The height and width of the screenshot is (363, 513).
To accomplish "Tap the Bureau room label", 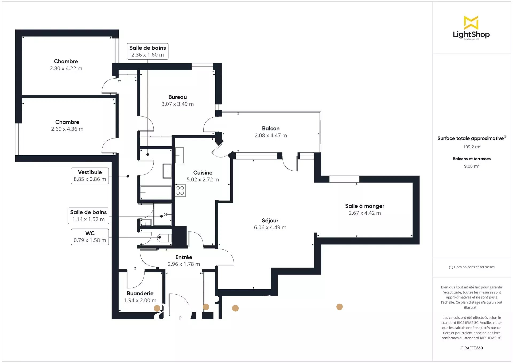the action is (x=177, y=97).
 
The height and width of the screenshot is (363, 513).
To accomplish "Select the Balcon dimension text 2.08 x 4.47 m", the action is (x=271, y=136).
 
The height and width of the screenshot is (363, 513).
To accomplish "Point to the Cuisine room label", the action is (x=203, y=173).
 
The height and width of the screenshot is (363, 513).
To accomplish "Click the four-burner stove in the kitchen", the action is (x=180, y=190).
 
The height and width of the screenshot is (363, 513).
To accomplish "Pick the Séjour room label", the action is (x=270, y=221).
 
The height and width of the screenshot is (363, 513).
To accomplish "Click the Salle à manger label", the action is (x=365, y=206).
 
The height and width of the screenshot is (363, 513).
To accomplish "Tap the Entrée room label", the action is (x=184, y=257).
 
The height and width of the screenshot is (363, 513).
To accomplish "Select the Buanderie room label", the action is (x=140, y=294).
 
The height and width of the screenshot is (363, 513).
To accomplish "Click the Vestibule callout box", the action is (x=90, y=176).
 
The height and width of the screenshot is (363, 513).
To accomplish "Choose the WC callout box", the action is (x=90, y=237).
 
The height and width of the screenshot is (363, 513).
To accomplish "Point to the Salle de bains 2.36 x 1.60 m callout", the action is (x=147, y=51).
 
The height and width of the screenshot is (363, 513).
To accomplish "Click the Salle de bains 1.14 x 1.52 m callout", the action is (x=88, y=216).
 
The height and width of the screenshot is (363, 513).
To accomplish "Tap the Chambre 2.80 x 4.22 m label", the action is (x=66, y=65).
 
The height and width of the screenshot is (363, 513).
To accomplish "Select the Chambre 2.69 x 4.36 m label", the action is (x=67, y=125).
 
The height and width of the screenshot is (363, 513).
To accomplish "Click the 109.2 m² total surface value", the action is (x=472, y=147).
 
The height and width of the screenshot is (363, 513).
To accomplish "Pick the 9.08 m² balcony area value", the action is (x=472, y=166).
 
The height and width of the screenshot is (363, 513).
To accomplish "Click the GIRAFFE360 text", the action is (x=472, y=348).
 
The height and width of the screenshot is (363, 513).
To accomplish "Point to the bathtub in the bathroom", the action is (x=156, y=192).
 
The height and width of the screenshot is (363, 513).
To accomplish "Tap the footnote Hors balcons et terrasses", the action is (x=472, y=267).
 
